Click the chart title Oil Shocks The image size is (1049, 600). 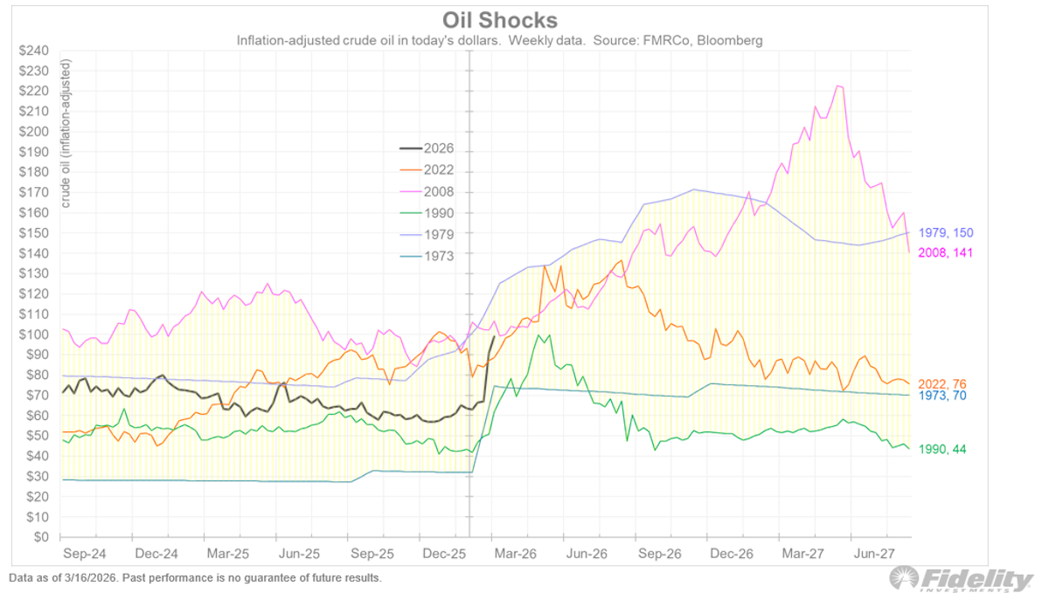point(499,20)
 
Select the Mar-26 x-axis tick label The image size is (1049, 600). point(515,554)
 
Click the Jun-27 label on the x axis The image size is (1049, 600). point(875,554)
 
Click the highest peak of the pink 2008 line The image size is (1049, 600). point(838,86)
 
